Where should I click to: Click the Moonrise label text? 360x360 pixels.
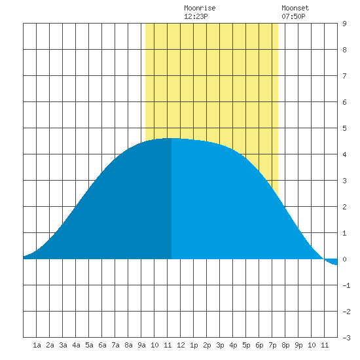[x=200, y=8]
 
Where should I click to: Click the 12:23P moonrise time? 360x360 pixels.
[x=196, y=16]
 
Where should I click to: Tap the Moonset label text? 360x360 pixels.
[x=295, y=8]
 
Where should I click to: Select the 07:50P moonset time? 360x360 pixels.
[x=293, y=16]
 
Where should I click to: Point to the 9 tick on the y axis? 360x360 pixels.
[x=344, y=24]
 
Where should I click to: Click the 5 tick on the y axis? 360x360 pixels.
[x=344, y=128]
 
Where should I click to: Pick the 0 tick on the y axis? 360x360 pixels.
[x=344, y=259]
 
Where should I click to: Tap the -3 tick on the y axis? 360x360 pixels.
[x=346, y=338]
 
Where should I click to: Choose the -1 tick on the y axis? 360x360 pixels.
[x=346, y=285]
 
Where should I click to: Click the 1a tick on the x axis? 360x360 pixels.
[x=37, y=345]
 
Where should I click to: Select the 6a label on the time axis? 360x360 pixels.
[x=102, y=345]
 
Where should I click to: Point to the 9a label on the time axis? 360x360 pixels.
[x=141, y=345]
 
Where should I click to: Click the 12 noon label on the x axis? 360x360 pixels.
[x=181, y=345]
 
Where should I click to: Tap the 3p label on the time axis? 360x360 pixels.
[x=220, y=345]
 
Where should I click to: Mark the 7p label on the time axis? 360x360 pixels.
[x=272, y=345]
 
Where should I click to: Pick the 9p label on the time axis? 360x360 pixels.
[x=298, y=345]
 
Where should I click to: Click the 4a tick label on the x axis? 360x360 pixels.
[x=76, y=345]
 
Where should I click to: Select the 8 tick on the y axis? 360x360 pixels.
[x=344, y=50]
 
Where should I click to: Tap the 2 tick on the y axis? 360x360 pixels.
[x=344, y=207]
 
